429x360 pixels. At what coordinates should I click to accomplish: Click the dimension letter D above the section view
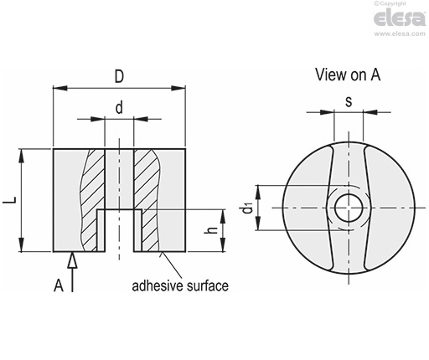coord(119,76)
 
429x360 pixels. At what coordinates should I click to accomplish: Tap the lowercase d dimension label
coord(119,108)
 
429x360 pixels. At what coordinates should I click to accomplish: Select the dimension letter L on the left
coord(10,200)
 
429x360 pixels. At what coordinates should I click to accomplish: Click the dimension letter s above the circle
coord(349,102)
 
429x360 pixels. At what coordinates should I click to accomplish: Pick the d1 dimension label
coord(247,208)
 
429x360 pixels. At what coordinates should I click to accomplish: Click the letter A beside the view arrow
coord(59,285)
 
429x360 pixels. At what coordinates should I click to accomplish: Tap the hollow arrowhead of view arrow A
coord(72,260)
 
